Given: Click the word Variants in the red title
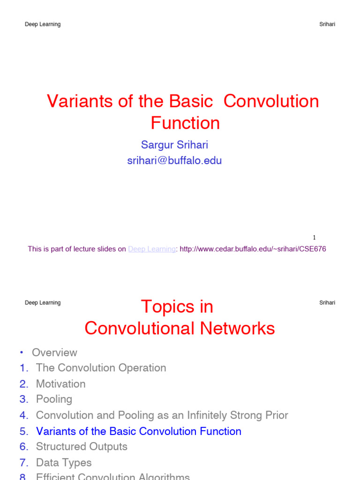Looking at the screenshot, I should pyautogui.click(x=76, y=102).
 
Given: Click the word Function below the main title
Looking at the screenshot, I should pyautogui.click(x=185, y=123).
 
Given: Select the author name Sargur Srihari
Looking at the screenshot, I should pyautogui.click(x=174, y=145).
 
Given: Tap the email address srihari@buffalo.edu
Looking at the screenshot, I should pyautogui.click(x=174, y=161).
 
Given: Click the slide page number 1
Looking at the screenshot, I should pyautogui.click(x=314, y=238).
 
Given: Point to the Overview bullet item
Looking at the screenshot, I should pyautogui.click(x=54, y=352).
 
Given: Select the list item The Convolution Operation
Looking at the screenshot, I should pyautogui.click(x=101, y=368).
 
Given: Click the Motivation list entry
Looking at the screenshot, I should pyautogui.click(x=60, y=384).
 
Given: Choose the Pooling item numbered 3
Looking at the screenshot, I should pyautogui.click(x=54, y=399).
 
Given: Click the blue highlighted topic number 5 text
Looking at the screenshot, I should pyautogui.click(x=138, y=431).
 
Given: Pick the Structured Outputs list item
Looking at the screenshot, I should pyautogui.click(x=82, y=447).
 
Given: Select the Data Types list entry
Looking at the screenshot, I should pyautogui.click(x=64, y=463).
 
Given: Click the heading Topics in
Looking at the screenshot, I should pyautogui.click(x=177, y=307).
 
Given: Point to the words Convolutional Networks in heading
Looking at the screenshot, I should pyautogui.click(x=180, y=329).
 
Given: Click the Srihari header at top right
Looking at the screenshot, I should pyautogui.click(x=327, y=24).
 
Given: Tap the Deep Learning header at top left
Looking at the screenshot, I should pyautogui.click(x=43, y=24).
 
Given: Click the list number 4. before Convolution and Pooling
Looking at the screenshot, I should pyautogui.click(x=24, y=415).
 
